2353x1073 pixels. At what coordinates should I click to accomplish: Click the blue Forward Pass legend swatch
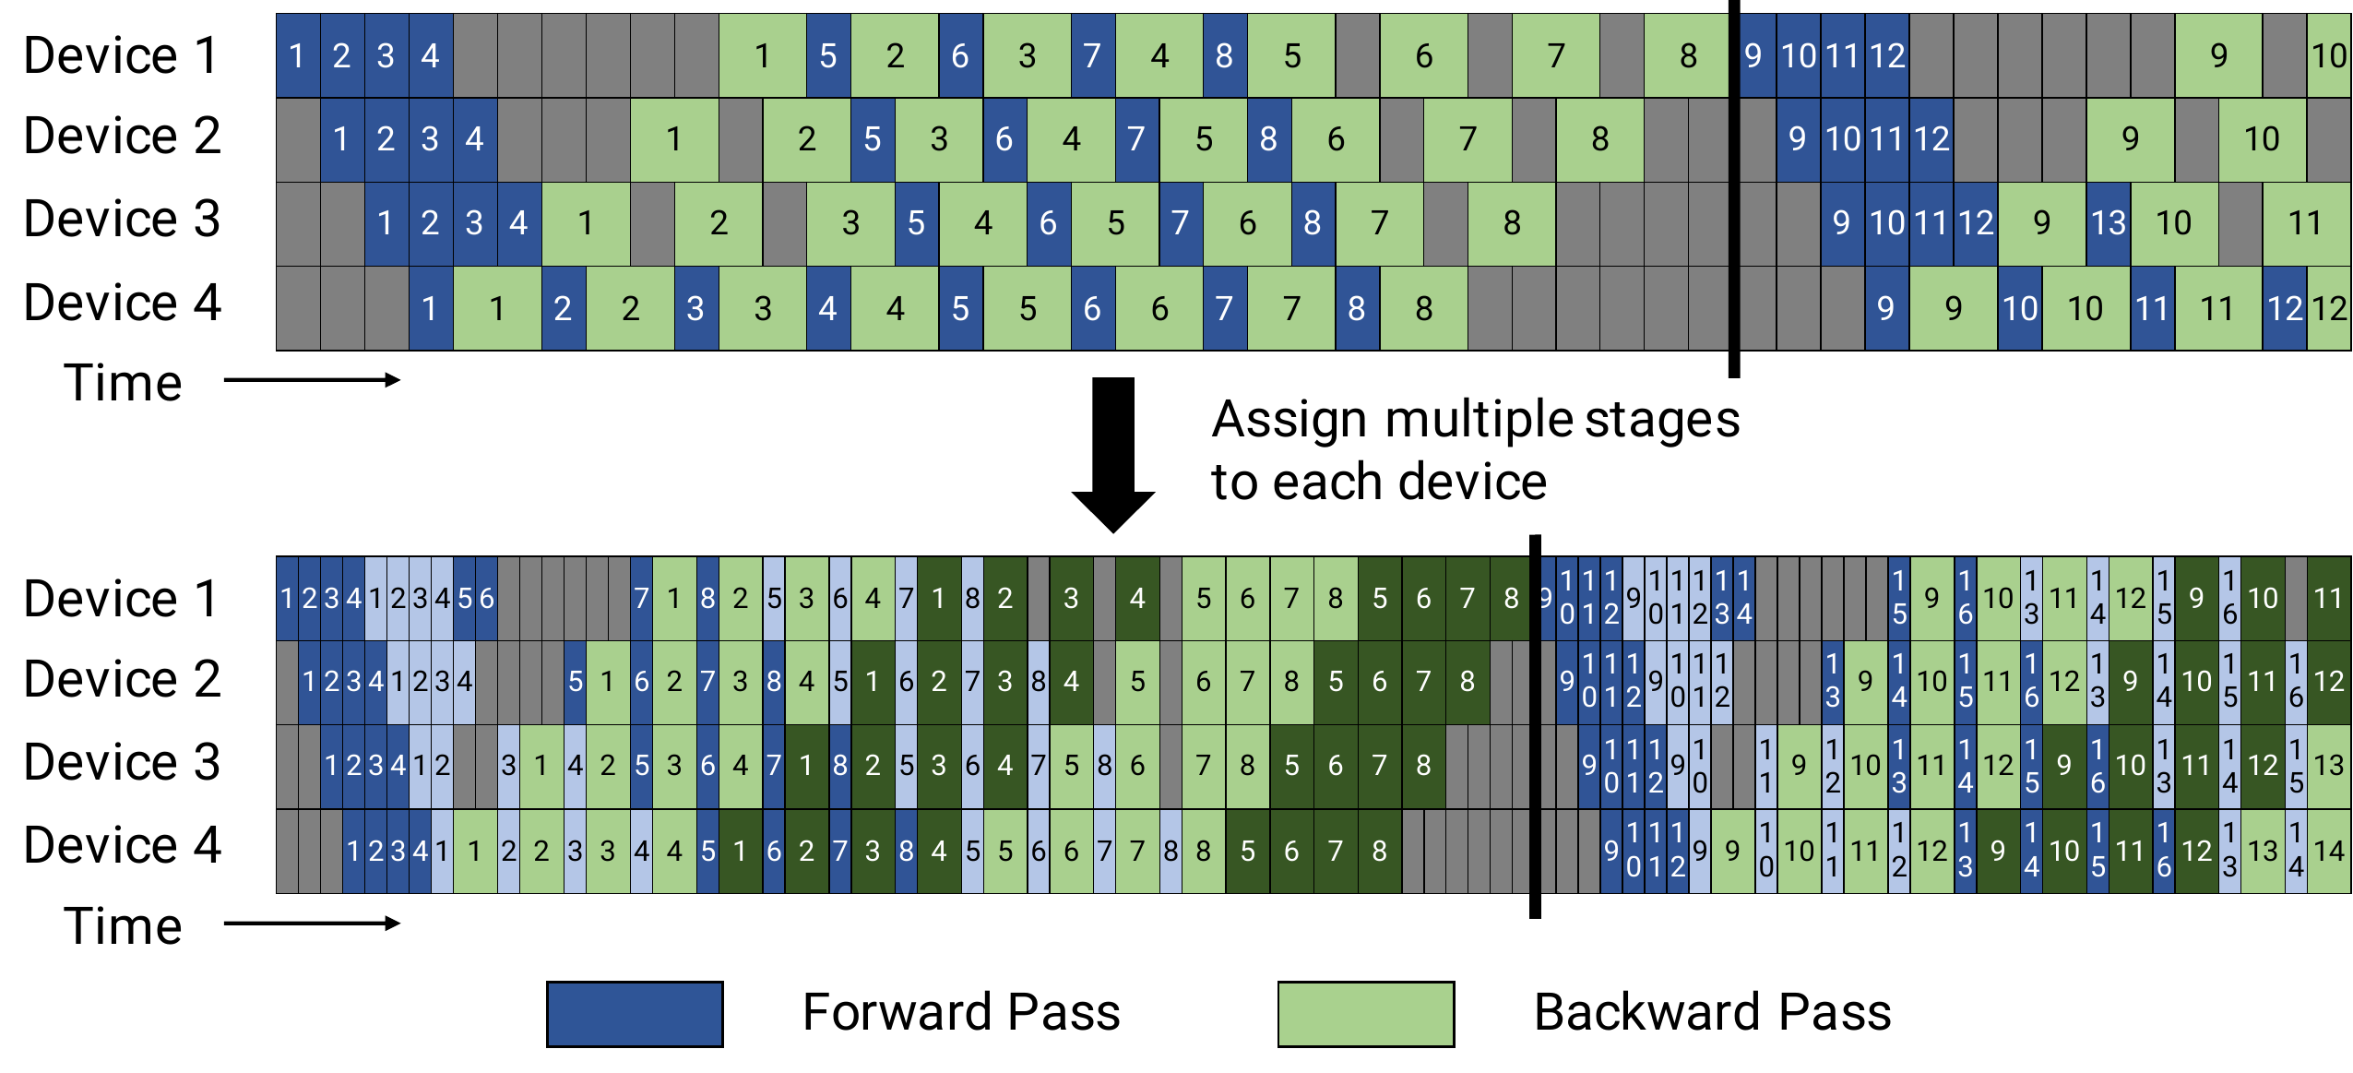[635, 1014]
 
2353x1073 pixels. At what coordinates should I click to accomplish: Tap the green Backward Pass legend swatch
[1365, 1014]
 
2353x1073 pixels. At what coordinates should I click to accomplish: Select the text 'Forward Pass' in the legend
[961, 1012]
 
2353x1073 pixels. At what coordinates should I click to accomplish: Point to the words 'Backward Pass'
[1712, 1012]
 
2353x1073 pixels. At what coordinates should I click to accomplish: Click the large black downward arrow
[1113, 452]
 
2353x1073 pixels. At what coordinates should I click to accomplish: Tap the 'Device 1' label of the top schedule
[122, 55]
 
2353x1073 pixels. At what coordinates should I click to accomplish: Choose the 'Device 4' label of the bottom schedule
[122, 845]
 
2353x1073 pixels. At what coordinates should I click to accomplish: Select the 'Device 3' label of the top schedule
[122, 220]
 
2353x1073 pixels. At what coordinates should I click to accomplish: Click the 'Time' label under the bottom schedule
[123, 925]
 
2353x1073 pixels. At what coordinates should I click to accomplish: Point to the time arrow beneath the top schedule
[312, 380]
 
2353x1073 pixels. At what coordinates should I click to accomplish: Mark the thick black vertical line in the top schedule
[1734, 185]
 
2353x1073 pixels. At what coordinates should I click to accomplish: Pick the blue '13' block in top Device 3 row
[2109, 223]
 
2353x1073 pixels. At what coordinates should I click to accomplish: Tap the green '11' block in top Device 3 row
[2305, 223]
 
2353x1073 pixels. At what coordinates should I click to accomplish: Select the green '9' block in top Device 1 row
[2218, 55]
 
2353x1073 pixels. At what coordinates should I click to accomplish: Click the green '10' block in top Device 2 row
[2262, 139]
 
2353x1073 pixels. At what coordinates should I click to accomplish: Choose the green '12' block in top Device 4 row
[2329, 308]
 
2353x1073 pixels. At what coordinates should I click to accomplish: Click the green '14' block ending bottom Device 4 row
[2329, 851]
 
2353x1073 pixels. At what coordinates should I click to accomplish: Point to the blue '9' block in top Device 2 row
[1797, 139]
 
